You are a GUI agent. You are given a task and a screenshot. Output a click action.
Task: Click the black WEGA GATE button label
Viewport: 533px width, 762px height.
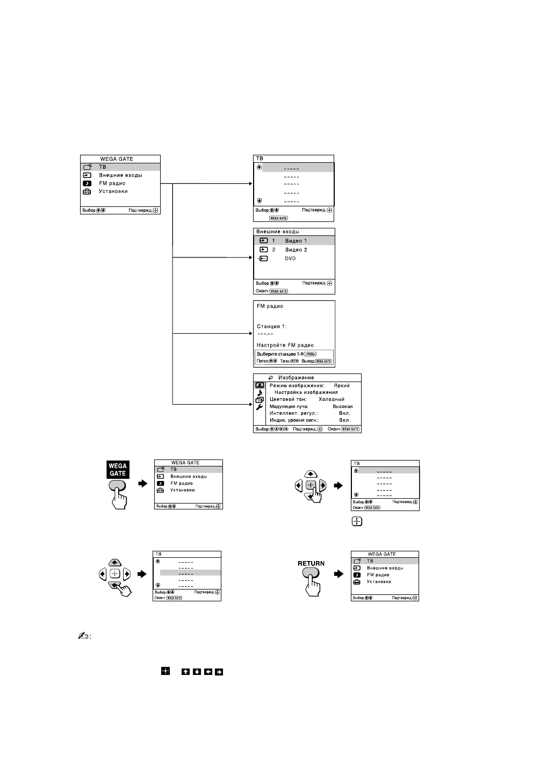click(118, 470)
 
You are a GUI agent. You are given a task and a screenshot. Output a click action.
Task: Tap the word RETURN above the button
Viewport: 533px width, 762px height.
click(311, 564)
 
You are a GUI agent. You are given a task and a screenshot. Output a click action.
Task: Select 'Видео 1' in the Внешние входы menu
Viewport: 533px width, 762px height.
click(296, 241)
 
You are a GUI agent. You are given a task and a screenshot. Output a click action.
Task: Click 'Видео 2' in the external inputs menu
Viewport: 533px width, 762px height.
click(296, 250)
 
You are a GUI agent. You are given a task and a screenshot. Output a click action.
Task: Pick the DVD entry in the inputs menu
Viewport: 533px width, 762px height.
click(290, 258)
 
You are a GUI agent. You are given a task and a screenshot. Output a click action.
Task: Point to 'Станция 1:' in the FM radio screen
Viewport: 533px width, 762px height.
click(272, 326)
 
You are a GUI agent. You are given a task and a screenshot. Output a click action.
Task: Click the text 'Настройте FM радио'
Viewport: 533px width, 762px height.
click(285, 345)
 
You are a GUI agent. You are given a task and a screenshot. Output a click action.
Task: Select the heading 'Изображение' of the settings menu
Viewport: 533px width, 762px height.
click(296, 378)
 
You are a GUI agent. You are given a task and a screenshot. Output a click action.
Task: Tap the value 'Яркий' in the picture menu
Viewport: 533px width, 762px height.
click(341, 385)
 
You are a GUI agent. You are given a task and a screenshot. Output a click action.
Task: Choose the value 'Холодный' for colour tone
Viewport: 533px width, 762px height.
click(332, 399)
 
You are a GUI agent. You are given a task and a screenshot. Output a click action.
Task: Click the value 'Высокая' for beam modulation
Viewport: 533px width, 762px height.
click(342, 406)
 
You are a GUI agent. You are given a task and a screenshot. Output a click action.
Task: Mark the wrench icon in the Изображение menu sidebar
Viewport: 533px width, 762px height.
click(259, 407)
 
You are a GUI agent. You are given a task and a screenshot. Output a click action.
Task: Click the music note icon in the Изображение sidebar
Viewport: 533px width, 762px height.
click(259, 392)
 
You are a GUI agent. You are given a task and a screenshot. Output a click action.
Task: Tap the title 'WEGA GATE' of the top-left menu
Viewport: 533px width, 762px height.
click(117, 159)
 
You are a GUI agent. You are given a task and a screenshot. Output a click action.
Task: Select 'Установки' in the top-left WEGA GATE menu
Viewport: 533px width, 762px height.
click(113, 191)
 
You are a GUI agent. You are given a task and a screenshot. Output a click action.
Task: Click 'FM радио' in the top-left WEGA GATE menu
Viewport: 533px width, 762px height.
click(112, 183)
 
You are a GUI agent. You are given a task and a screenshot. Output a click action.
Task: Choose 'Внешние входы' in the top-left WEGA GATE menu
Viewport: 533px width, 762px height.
click(120, 175)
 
